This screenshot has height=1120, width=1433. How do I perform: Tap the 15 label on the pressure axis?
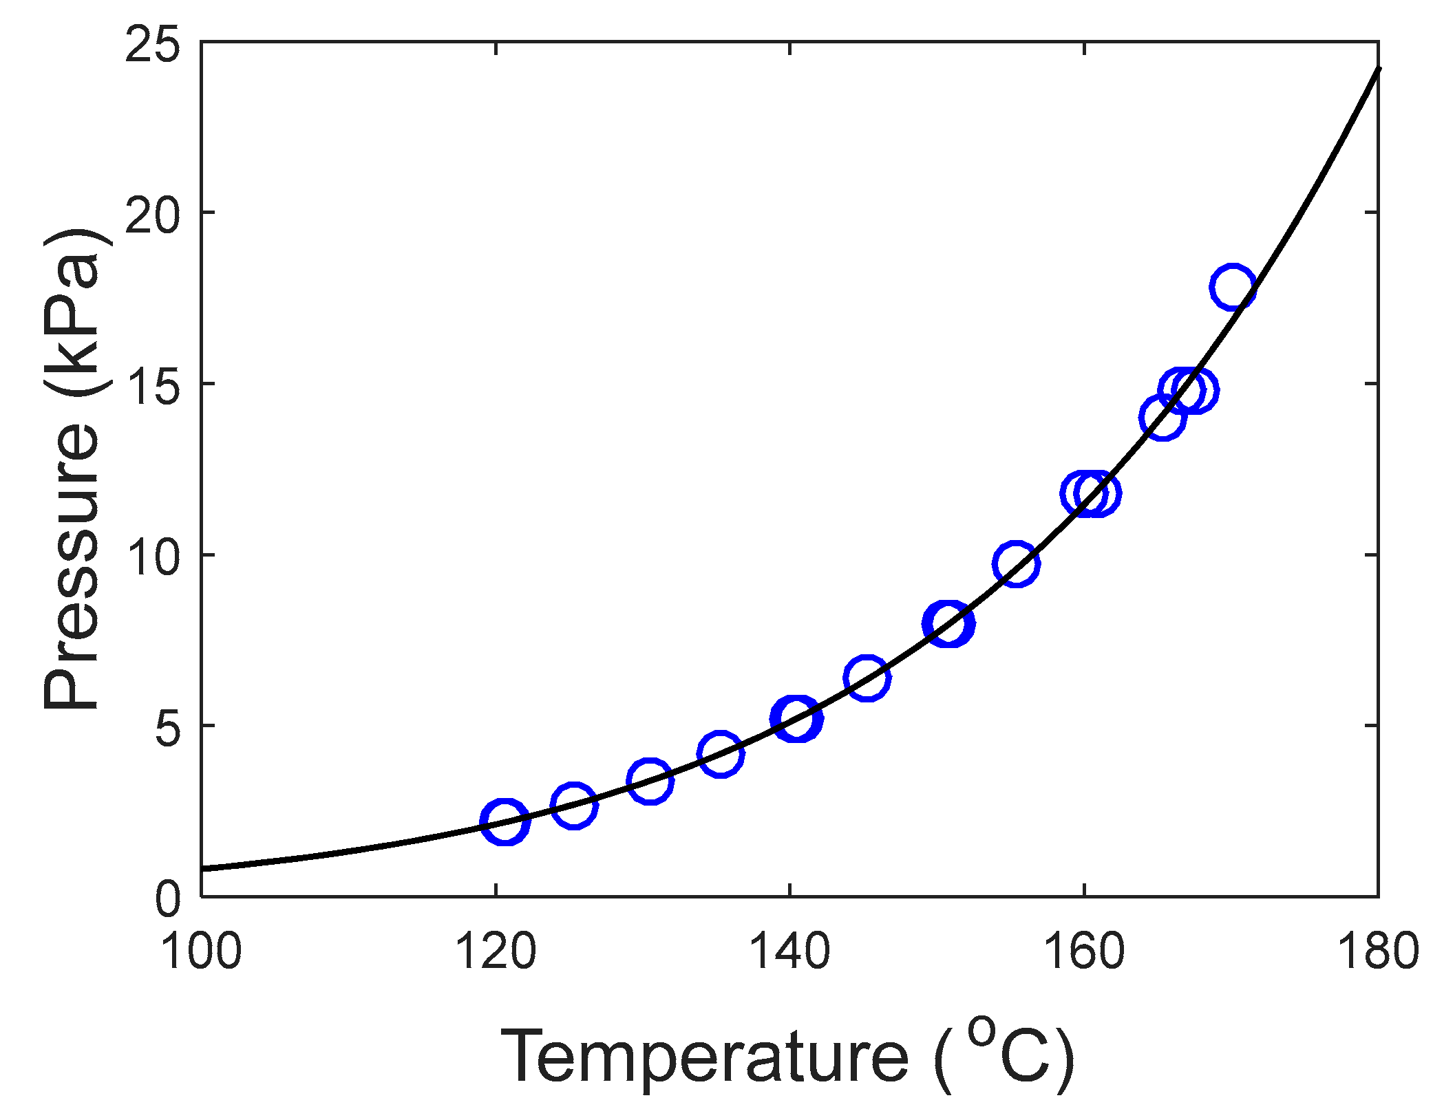pos(152,385)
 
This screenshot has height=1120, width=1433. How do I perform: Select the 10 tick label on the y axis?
pos(152,557)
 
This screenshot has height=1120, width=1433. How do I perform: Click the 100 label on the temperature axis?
pos(201,952)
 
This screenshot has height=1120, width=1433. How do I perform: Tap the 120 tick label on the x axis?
pos(496,952)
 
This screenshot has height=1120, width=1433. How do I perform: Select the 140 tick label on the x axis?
pos(789,952)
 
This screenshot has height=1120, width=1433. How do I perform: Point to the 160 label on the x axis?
pos(1084,952)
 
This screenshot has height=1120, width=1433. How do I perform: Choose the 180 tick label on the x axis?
pos(1378,952)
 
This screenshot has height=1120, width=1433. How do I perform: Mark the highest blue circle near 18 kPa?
pos(1232,286)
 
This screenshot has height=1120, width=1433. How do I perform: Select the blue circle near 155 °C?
pos(1016,563)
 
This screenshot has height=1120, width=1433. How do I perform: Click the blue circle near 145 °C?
pos(867,677)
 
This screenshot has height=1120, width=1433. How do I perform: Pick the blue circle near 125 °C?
pos(573,805)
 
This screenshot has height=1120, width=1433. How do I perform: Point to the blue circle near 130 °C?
pos(650,781)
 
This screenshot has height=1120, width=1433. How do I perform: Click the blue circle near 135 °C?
pos(721,753)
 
